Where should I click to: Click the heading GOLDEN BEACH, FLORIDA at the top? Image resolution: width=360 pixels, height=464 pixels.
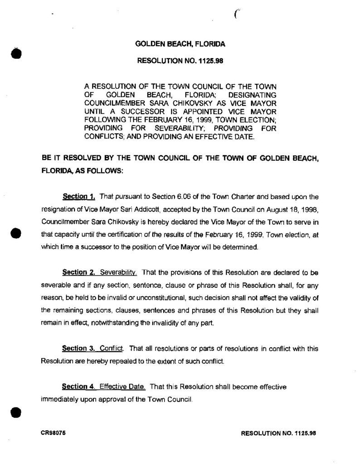[x=180, y=44]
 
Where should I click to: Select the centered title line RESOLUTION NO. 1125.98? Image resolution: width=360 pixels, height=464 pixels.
[x=180, y=59]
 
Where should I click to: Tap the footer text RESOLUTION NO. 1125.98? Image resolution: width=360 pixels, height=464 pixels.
[x=278, y=433]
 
